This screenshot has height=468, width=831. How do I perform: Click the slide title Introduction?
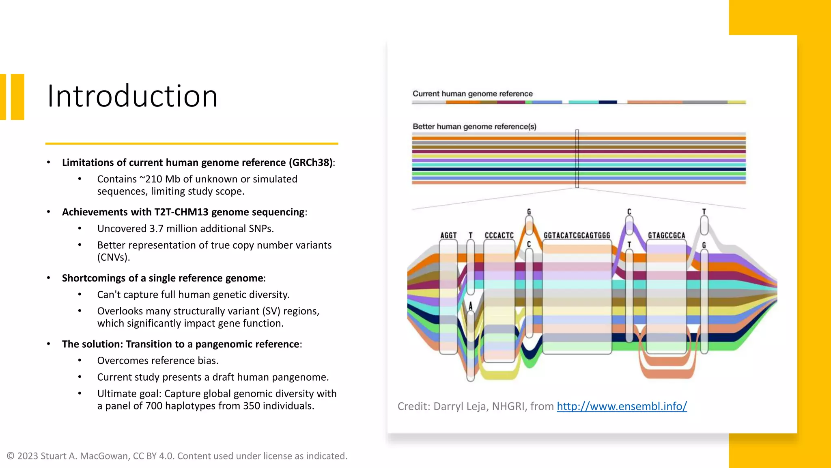(132, 96)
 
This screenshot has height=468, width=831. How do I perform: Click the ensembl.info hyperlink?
(621, 406)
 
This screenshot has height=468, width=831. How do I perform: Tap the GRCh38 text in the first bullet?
(311, 162)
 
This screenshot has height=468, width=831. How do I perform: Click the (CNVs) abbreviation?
(114, 258)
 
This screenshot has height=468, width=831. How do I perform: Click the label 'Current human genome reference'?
(472, 94)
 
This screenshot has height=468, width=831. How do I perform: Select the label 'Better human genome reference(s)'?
(474, 127)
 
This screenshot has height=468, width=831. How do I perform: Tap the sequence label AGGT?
(448, 236)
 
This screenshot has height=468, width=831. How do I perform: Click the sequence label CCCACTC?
(499, 236)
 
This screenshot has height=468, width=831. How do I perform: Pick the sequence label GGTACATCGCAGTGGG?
(577, 236)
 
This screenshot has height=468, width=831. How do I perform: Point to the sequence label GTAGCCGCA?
(666, 236)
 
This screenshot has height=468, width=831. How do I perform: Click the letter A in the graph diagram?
(471, 306)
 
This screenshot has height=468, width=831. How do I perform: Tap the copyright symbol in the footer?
(11, 456)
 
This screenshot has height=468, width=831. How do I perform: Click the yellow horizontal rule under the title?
(192, 143)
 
